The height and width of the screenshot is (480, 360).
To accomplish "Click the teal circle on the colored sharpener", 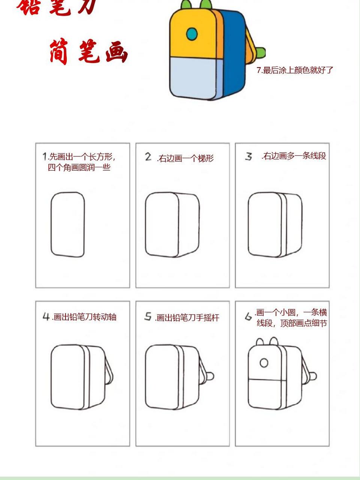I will tap(192, 34).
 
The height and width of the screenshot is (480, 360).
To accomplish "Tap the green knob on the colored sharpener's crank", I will tap(261, 53).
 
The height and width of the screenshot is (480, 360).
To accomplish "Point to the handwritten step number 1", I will tap(45, 156).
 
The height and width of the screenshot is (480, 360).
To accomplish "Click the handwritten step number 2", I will tap(148, 156).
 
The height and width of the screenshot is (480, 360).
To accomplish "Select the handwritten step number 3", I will tap(249, 156).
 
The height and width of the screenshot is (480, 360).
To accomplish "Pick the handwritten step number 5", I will tap(148, 317).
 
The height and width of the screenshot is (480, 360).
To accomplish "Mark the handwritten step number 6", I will tap(248, 317).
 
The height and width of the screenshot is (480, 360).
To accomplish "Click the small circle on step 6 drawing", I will tap(264, 363).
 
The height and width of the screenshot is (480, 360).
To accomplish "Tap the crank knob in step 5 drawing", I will tap(210, 375).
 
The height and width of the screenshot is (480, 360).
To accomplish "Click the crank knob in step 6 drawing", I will tap(313, 375).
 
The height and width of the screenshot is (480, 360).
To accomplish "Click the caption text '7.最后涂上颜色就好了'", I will tap(295, 70).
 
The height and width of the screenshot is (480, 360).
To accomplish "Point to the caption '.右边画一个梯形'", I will tap(185, 158).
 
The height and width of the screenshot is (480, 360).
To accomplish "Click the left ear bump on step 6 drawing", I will tap(259, 341).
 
